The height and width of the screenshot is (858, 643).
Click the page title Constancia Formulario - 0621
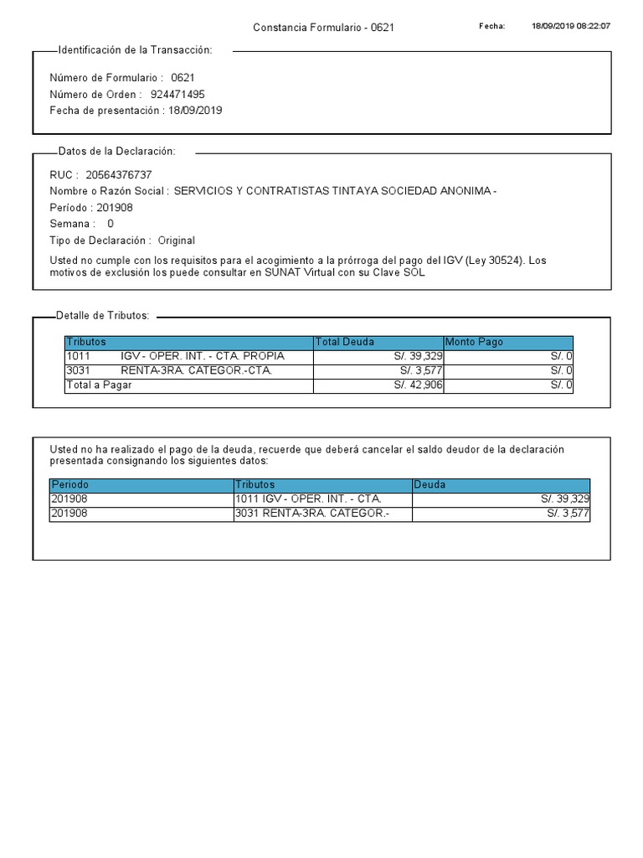pyautogui.click(x=323, y=28)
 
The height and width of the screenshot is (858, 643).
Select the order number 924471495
pyautogui.click(x=177, y=94)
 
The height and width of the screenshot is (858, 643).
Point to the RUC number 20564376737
pyautogui.click(x=119, y=174)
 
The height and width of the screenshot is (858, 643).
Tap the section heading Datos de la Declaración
pyautogui.click(x=116, y=151)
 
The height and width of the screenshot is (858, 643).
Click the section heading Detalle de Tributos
pyautogui.click(x=102, y=315)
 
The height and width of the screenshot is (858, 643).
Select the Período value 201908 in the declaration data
pyautogui.click(x=115, y=208)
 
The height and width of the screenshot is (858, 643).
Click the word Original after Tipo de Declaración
pyautogui.click(x=177, y=240)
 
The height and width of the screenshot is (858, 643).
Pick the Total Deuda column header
pyautogui.click(x=345, y=342)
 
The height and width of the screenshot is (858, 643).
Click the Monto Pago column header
pyautogui.click(x=475, y=342)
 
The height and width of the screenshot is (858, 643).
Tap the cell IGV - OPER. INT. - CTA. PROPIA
pyautogui.click(x=203, y=356)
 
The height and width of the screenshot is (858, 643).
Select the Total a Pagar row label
pyautogui.click(x=99, y=385)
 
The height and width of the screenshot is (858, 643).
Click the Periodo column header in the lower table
pyautogui.click(x=70, y=485)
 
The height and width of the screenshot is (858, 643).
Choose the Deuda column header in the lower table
pyautogui.click(x=430, y=485)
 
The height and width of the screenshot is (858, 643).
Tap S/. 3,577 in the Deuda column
pyautogui.click(x=568, y=514)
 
